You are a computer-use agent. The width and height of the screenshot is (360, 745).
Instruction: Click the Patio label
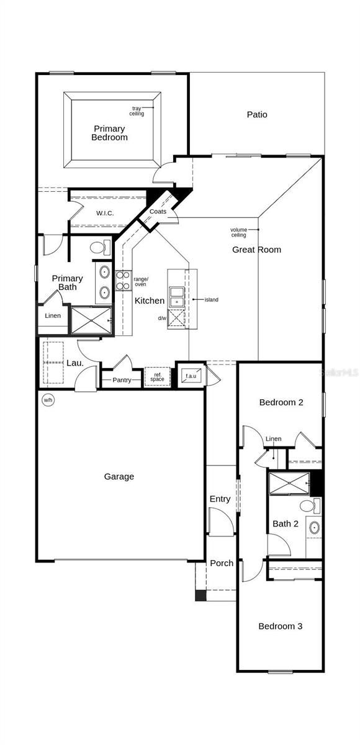pos(257,114)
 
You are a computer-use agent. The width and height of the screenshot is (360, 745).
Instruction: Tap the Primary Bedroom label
pos(109,133)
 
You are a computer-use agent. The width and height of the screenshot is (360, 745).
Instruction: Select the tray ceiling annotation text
pos(137,111)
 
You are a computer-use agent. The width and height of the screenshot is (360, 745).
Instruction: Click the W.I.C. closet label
pos(105,213)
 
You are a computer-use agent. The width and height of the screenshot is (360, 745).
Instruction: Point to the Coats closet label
pos(158,212)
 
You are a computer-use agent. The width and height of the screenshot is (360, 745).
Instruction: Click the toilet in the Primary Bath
pos(100,248)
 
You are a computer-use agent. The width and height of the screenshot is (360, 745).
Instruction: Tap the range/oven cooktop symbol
pos(122,281)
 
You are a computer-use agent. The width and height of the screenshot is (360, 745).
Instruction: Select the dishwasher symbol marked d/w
pos(176,318)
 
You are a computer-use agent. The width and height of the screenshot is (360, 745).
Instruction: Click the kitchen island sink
pos(176,297)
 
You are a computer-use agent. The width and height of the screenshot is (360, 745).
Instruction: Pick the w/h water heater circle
pos(48,400)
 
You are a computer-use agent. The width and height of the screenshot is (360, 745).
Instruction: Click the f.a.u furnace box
pos(191,376)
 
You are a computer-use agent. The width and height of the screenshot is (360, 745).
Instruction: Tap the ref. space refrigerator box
pos(157,376)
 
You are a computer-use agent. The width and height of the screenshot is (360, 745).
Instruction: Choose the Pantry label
pos(122,380)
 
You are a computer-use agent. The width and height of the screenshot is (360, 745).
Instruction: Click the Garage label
pos(119,477)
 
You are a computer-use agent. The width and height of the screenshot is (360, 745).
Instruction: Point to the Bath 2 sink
pos(315,528)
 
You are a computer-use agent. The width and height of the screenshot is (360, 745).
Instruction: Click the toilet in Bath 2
pos(310,506)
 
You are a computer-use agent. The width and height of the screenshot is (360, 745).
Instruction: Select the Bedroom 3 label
pos(281,626)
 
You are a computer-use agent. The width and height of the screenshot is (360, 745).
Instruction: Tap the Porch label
pos(222,563)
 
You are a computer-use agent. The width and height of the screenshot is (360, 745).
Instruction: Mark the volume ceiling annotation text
pos(239,232)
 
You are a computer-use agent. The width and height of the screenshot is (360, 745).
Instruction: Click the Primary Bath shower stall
pos(91,320)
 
